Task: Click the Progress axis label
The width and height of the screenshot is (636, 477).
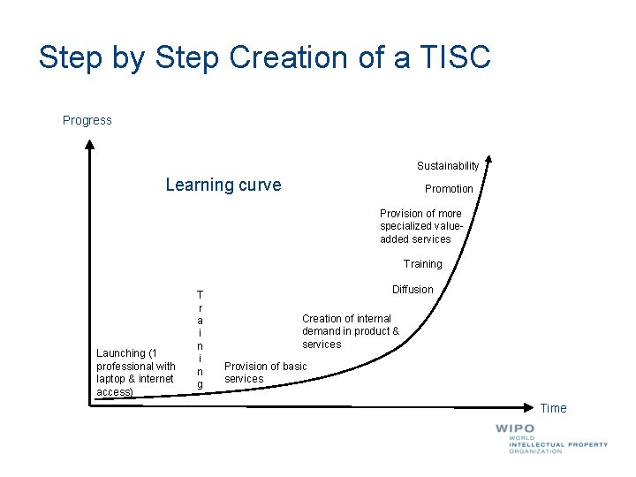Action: pyautogui.click(x=87, y=120)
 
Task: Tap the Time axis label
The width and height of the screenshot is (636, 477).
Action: pyautogui.click(x=553, y=408)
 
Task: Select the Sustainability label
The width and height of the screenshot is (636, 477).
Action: pyautogui.click(x=448, y=166)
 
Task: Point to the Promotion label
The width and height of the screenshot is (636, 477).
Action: pyautogui.click(x=449, y=189)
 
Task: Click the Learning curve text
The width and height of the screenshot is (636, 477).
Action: pyautogui.click(x=223, y=185)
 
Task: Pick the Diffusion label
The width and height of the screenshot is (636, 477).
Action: pyautogui.click(x=413, y=290)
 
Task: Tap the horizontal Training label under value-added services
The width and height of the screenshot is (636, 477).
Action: pyautogui.click(x=422, y=264)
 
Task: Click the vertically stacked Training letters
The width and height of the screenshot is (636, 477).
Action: pyautogui.click(x=200, y=339)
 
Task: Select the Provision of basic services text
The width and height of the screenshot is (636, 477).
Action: pyautogui.click(x=265, y=373)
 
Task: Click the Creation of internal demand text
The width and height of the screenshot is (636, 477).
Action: pyautogui.click(x=350, y=331)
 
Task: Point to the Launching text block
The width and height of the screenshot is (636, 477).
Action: pyautogui.click(x=135, y=372)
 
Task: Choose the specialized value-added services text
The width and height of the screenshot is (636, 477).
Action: pyautogui.click(x=420, y=226)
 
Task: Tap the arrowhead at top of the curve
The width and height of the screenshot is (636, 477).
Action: pyautogui.click(x=488, y=163)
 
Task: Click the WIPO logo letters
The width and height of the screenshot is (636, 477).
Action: pyautogui.click(x=515, y=428)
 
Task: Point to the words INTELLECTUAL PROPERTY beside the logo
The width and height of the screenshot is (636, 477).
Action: pyautogui.click(x=557, y=444)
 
